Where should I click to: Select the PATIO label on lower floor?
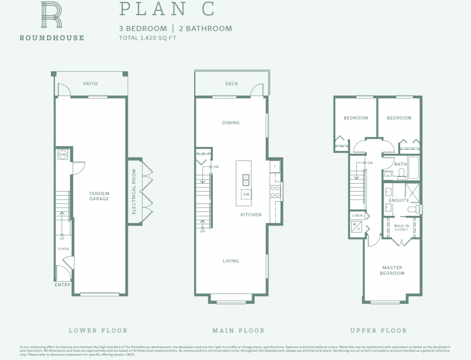pyautogui.click(x=90, y=84)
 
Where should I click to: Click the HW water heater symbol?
pyautogui.click(x=63, y=155)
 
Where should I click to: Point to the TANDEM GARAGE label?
pyautogui.click(x=99, y=196)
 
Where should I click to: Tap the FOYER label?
pyautogui.click(x=63, y=249)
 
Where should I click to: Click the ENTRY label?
pyautogui.click(x=63, y=285)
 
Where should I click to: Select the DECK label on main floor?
pyautogui.click(x=231, y=84)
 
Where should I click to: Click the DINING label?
pyautogui.click(x=231, y=123)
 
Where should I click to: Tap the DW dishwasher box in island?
pyautogui.click(x=246, y=194)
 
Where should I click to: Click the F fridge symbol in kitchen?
pyautogui.click(x=275, y=166)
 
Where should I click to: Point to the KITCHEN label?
pyautogui.click(x=251, y=215)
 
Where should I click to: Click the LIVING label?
pyautogui.click(x=231, y=261)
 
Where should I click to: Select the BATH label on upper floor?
pyautogui.click(x=401, y=164)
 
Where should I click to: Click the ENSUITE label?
pyautogui.click(x=399, y=201)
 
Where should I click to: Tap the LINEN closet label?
pyautogui.click(x=357, y=215)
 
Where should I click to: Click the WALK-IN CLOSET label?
pyautogui.click(x=401, y=227)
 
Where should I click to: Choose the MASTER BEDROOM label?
pyautogui.click(x=392, y=270)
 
